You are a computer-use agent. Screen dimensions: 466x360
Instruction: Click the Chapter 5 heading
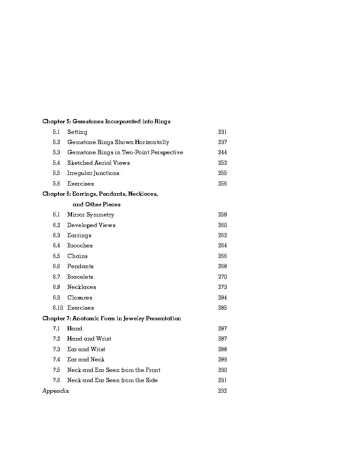point(106,122)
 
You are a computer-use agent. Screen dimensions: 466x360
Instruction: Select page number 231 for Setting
point(222,132)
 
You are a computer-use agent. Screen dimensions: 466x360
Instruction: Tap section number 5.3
point(56,153)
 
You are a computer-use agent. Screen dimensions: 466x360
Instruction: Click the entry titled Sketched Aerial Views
point(98,163)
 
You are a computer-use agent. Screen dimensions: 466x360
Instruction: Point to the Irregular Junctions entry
point(93,173)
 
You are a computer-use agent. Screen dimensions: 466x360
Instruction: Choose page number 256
point(222,184)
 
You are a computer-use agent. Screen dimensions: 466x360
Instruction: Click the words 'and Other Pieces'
point(97,205)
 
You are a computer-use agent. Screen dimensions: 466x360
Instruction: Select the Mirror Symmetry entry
point(91,215)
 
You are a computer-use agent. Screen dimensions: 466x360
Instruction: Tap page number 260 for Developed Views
point(222,225)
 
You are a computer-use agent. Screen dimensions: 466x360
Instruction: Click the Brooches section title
point(80,246)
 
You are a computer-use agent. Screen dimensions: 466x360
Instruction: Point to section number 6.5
point(56,256)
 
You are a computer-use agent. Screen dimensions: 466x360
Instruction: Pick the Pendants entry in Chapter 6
point(80,266)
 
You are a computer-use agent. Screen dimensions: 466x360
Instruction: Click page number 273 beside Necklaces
point(222,287)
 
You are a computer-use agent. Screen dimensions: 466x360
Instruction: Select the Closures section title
point(80,298)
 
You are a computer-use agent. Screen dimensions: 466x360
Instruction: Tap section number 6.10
point(58,308)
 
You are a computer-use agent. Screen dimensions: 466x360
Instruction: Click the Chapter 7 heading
point(111,319)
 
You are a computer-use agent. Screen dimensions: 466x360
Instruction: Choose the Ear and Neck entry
point(86,360)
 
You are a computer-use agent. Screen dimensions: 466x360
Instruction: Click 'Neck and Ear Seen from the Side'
point(112,380)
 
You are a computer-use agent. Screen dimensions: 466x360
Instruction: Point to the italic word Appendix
point(55,391)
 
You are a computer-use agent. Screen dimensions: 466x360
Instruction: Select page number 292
point(222,391)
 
